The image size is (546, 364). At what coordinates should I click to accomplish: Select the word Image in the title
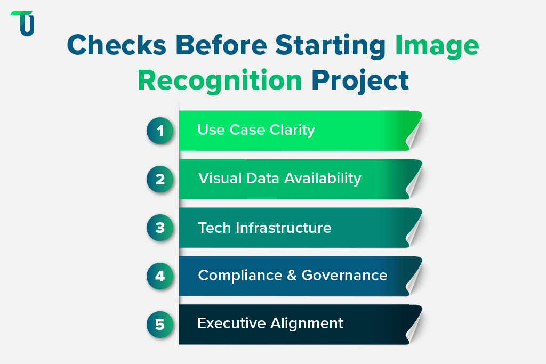[x=437, y=46]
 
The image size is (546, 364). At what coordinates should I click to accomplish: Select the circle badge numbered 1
[x=160, y=131]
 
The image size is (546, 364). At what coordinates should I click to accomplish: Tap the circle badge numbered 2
[x=160, y=179]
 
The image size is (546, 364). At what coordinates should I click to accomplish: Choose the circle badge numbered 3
[x=160, y=228]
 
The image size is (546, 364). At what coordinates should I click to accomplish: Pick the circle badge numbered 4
[x=160, y=276]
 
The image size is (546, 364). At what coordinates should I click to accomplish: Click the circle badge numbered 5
[x=160, y=324]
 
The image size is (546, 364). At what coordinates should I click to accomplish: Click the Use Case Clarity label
[x=256, y=130]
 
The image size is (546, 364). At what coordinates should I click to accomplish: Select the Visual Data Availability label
[x=279, y=179]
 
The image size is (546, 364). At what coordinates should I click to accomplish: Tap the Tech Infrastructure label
[x=264, y=228]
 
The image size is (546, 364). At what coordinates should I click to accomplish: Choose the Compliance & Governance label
[x=292, y=276]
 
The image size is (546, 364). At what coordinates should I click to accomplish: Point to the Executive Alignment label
[x=270, y=323]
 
